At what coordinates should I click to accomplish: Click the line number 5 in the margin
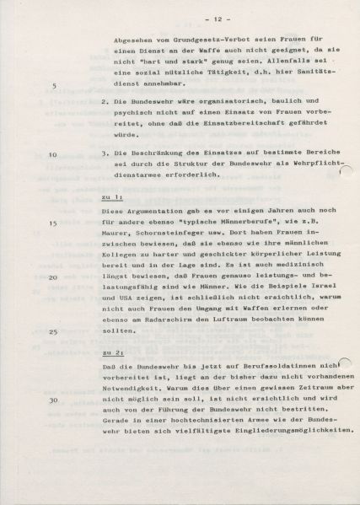tap(56, 86)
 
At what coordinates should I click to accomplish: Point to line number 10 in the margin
tap(53, 155)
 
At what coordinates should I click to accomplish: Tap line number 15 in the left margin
tap(53, 223)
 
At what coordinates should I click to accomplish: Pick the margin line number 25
tap(53, 330)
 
